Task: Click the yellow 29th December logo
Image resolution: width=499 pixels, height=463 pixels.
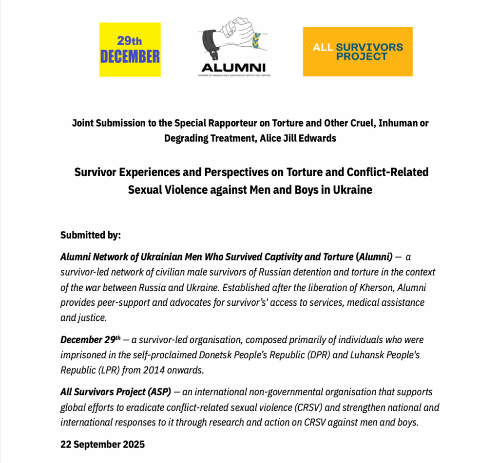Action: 130,50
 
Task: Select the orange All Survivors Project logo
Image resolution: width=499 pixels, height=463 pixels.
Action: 358,52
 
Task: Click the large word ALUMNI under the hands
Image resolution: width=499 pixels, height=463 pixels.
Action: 233,67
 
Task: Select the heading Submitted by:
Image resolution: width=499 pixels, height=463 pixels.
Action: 91,235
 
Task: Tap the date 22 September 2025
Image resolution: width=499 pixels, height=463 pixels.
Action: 102,444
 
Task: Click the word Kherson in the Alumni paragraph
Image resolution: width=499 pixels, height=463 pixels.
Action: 371,287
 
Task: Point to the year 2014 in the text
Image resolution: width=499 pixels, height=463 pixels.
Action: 150,370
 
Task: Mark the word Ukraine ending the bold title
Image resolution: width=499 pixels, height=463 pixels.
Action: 352,190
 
